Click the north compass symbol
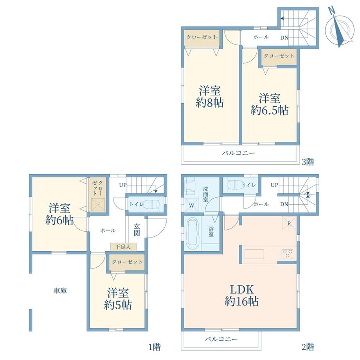[x=339, y=27]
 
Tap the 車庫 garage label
[x=60, y=291]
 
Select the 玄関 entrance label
[x=137, y=229]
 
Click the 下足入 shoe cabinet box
[x=124, y=247]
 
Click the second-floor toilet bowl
[x=235, y=185]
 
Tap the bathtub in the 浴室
[x=193, y=233]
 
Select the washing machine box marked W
[x=192, y=205]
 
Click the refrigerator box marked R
[x=289, y=223]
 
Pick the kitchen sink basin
[x=254, y=254]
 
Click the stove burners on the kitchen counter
[x=288, y=254]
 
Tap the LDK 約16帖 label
[x=241, y=295]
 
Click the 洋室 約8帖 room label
[x=210, y=97]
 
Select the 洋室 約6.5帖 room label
[x=270, y=104]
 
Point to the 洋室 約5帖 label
[x=118, y=299]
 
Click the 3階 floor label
[x=308, y=162]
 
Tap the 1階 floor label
[x=154, y=347]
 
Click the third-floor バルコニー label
[x=238, y=153]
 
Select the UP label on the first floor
[x=123, y=185]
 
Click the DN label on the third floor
[x=284, y=38]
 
